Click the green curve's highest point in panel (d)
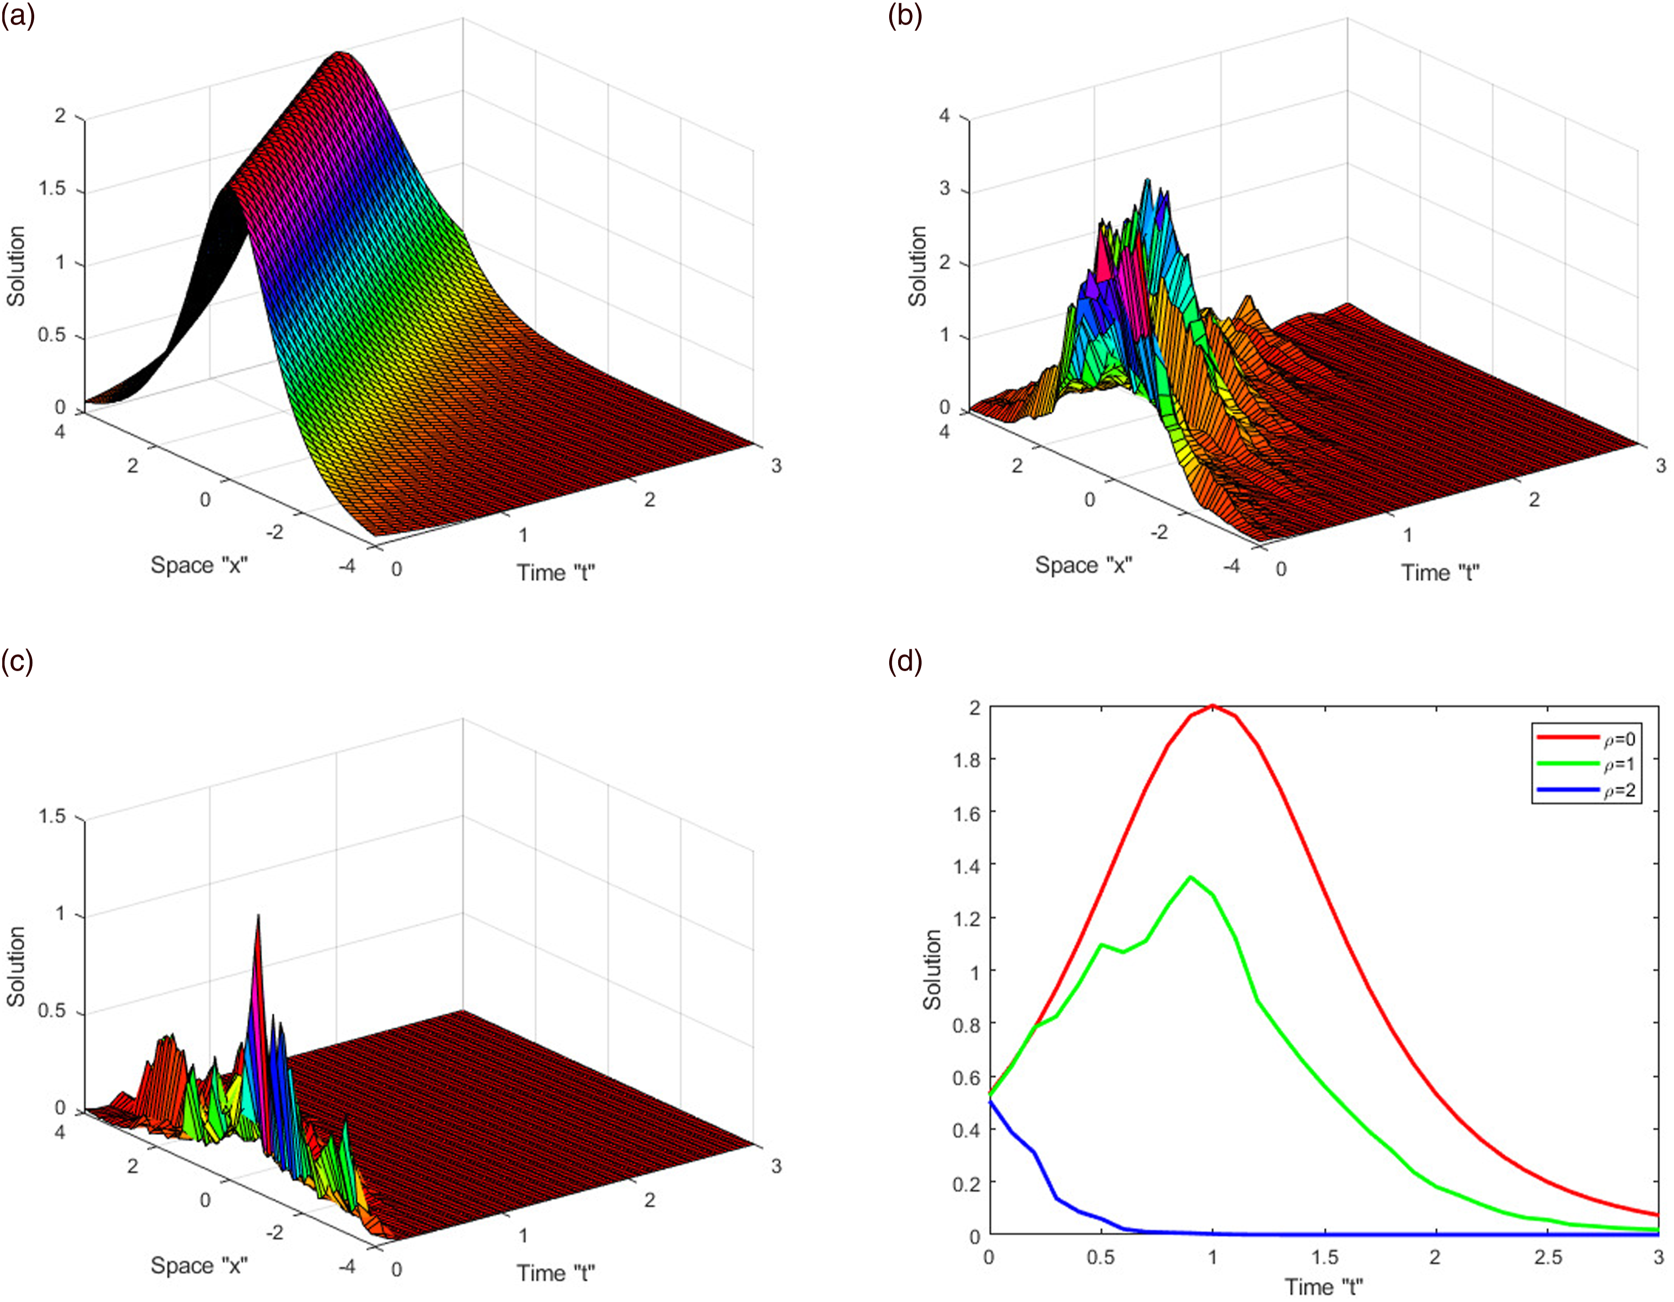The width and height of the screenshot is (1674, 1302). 1191,877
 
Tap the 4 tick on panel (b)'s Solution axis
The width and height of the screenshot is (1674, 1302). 944,116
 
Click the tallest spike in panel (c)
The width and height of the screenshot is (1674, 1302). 258,917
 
